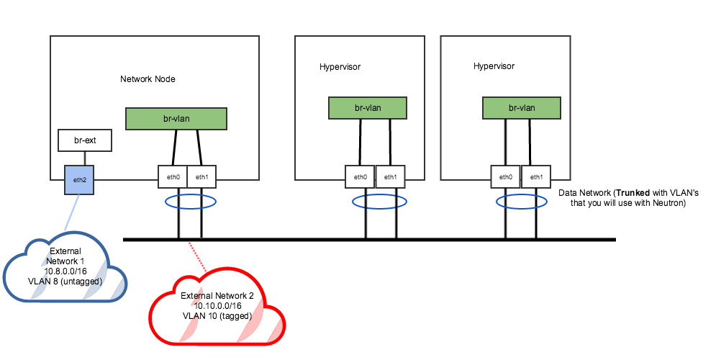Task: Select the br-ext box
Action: coord(86,140)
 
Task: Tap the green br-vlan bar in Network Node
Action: coord(176,119)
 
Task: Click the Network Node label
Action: coord(148,79)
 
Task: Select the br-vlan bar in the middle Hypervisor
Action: coord(368,108)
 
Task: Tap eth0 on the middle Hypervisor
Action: coord(361,177)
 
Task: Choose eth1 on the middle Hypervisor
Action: coord(390,177)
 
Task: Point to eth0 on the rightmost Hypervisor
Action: coord(506,177)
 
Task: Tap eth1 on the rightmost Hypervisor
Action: coord(536,177)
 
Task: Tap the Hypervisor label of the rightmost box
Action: coord(494,66)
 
